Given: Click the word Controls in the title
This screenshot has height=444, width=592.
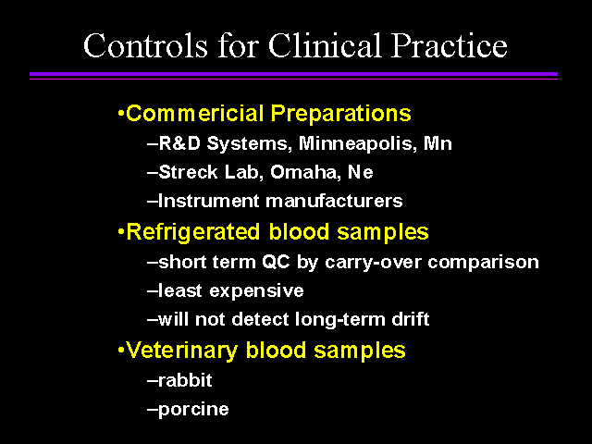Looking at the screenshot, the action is [146, 45].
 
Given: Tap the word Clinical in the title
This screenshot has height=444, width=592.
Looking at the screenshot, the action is [325, 45].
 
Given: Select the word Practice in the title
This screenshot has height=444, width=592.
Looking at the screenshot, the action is [449, 45].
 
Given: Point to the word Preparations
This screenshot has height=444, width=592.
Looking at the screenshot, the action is [341, 114].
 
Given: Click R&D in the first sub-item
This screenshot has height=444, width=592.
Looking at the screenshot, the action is [179, 143].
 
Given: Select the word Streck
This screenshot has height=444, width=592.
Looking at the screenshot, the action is [188, 172].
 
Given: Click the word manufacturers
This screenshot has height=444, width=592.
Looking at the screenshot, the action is [334, 201].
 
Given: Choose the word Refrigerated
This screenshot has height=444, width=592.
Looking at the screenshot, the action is [193, 232].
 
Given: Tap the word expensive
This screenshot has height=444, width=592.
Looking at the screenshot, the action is [256, 291].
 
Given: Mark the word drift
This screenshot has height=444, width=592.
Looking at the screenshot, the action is [411, 319].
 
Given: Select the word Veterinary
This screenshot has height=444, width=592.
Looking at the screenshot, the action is [182, 351].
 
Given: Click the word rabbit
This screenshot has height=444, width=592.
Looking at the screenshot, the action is [185, 380].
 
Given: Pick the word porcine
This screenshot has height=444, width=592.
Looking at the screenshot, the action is [193, 410].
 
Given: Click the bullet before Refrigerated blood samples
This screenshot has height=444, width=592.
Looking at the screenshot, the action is [121, 231].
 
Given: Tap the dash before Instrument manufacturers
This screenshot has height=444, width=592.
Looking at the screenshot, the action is [152, 202].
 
